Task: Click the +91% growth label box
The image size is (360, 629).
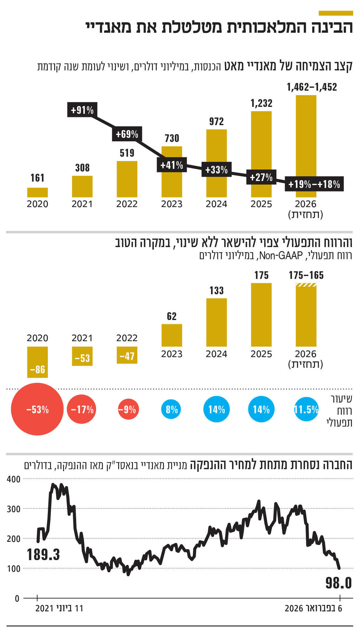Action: pos(82,110)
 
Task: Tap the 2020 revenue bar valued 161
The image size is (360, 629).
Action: pos(38,192)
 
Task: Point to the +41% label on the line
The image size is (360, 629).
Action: pos(172,165)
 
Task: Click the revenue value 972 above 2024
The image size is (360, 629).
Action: pos(216,121)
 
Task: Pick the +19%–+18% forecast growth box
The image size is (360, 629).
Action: pos(314,184)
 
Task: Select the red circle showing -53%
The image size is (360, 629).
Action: pos(37,409)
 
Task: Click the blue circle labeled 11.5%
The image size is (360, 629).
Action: pos(306,409)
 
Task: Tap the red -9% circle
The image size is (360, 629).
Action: pos(127,409)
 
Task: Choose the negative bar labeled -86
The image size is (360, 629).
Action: pos(38,362)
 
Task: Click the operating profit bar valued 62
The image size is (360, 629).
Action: pos(172,335)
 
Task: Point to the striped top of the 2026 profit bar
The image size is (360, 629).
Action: pos(306,285)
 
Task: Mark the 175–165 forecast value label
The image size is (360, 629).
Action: pos(306,275)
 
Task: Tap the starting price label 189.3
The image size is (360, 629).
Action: pos(43,555)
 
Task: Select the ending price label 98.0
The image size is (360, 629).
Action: pos(338,583)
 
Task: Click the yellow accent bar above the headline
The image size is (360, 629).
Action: pos(335,13)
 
